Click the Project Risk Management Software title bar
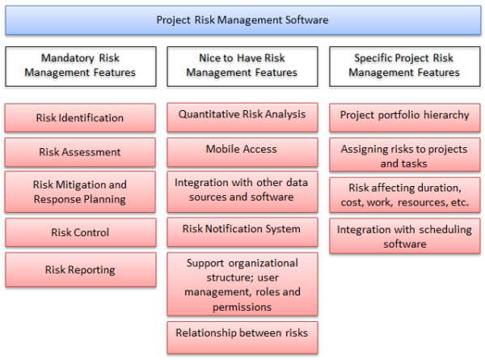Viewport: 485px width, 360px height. pos(242,20)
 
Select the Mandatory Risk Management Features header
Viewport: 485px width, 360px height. pos(80,66)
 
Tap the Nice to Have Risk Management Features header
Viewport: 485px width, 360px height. pos(242,66)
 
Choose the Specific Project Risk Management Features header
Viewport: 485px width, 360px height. pos(404,66)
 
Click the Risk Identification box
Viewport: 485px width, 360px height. pos(80,118)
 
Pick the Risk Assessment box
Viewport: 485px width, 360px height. pos(80,152)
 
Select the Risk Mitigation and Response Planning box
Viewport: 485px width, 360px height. pos(80,192)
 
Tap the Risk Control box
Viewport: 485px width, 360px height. pos(80,232)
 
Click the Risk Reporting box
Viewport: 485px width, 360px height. pos(80,270)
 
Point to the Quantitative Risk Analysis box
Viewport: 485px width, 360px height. pos(242,115)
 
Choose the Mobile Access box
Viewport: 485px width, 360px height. pos(242,150)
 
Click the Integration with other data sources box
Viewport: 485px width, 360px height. pos(242,190)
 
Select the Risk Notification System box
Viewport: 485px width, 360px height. pos(242,230)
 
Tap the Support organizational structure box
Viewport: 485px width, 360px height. pos(242,285)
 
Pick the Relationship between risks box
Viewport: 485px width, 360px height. pos(242,332)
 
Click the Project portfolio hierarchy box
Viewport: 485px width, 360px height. pos(404,115)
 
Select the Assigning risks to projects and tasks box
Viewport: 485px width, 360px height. pos(404,156)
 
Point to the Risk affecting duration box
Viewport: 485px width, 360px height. pos(404,195)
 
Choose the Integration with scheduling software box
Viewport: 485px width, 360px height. pos(404,236)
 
